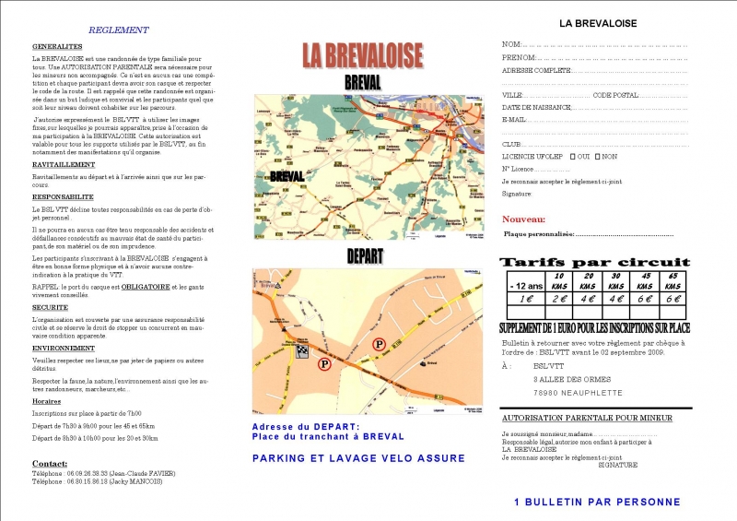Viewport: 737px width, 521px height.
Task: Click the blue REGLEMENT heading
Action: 118,30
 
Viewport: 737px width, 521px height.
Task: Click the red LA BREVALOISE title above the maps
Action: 363,54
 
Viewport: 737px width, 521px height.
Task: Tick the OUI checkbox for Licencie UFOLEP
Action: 573,156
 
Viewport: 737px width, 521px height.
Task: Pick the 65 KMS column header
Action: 673,280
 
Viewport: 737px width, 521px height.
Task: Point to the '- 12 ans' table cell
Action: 524,285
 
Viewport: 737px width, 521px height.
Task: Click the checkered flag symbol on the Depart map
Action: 303,350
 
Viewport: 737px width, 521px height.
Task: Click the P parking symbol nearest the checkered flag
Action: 324,364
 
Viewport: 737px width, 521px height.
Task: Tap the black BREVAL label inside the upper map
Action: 287,175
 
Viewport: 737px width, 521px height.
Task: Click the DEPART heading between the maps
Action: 365,256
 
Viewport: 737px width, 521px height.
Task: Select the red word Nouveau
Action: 523,219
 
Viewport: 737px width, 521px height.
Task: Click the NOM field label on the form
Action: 511,44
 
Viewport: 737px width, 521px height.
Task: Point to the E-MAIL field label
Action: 514,120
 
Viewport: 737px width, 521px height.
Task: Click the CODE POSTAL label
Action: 615,95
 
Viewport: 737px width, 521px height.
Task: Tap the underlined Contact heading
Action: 50,463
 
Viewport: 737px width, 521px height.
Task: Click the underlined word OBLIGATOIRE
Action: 146,287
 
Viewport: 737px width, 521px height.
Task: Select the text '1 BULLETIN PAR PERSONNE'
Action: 597,502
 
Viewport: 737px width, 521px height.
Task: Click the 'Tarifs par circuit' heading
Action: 595,262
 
